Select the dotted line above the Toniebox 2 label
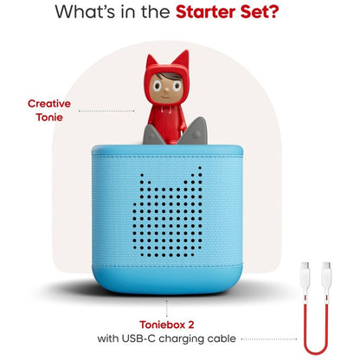click(x=167, y=308)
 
